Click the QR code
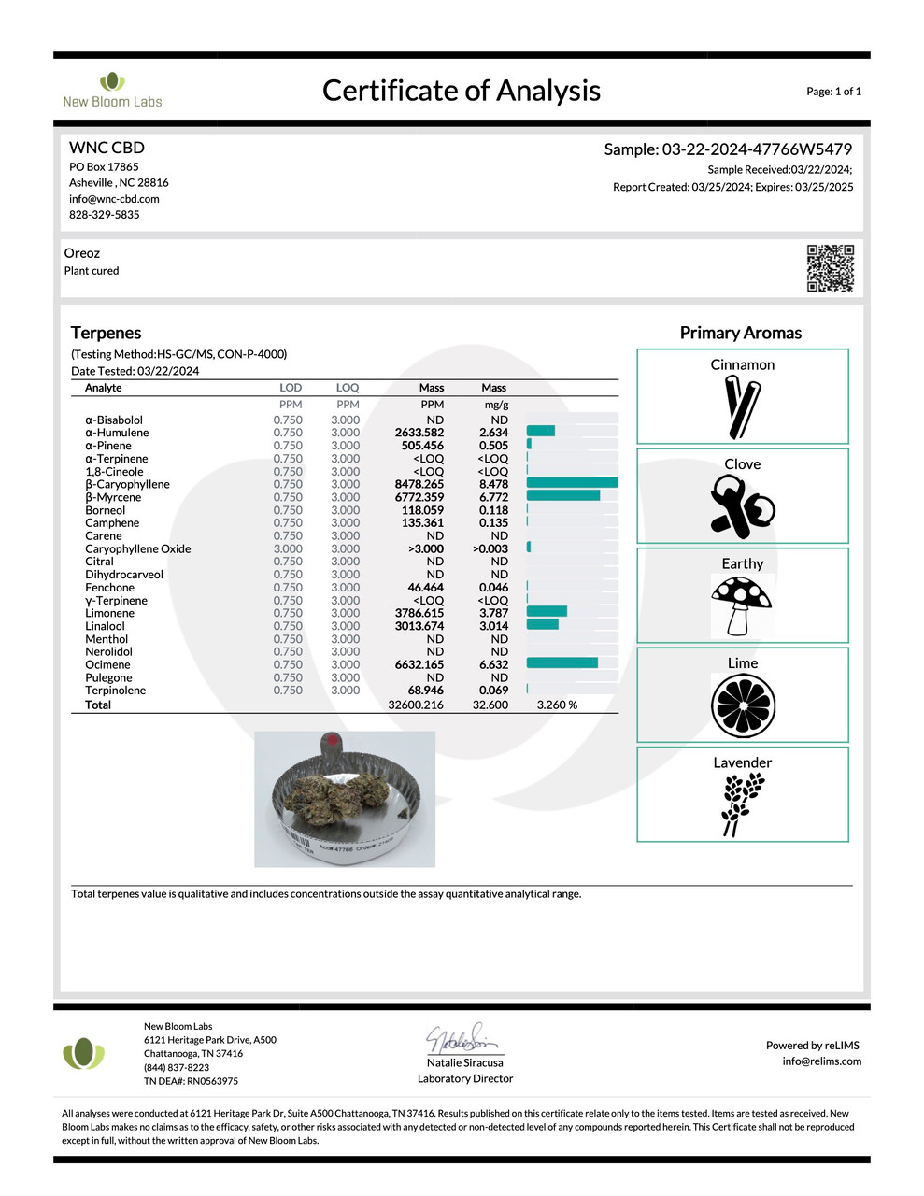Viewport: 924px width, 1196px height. point(830,268)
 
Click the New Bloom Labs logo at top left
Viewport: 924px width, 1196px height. point(112,90)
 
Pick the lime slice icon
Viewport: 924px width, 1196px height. point(743,705)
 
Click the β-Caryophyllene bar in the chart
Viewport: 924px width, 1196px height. point(572,483)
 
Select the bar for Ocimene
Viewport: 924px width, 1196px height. point(562,663)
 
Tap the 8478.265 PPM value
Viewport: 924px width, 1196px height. point(419,484)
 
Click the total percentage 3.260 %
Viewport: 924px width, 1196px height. point(557,705)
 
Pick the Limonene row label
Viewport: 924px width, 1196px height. point(109,613)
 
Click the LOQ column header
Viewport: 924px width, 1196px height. point(348,388)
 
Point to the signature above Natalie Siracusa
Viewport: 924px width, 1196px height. point(464,1038)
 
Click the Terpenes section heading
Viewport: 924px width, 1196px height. point(106,333)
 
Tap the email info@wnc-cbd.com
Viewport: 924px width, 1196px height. point(114,199)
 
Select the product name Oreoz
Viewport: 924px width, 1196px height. point(82,253)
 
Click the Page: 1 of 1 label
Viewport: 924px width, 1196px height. point(833,92)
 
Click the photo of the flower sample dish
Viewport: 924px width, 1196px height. point(345,799)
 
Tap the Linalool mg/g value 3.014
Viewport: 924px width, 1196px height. point(493,626)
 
